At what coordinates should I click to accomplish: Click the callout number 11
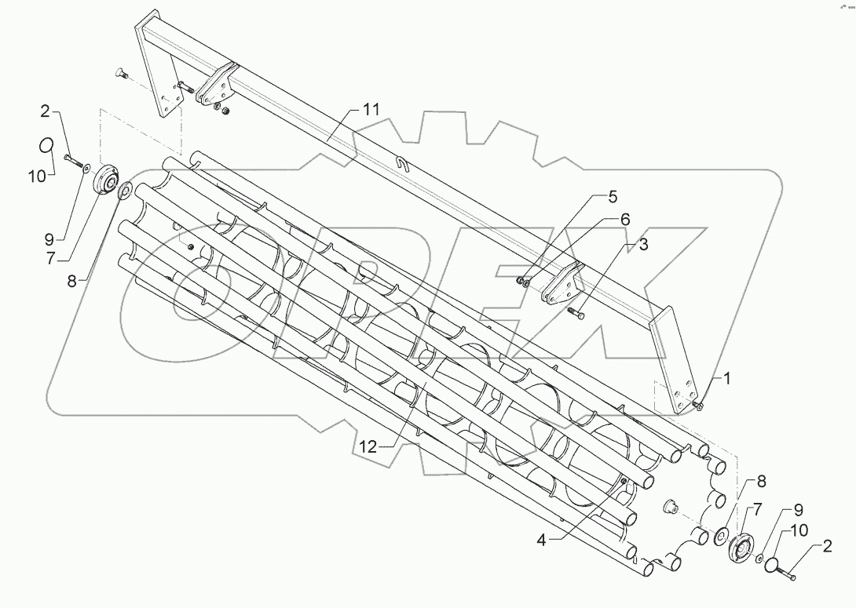coord(370,110)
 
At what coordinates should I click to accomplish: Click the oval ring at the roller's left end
coord(47,146)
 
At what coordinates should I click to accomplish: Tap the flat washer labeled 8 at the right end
coord(719,537)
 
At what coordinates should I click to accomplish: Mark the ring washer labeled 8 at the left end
coord(125,190)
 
